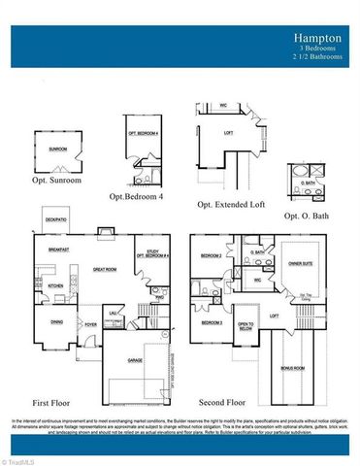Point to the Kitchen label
click(55, 285)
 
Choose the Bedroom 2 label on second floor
click(212, 255)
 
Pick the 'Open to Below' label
click(245, 326)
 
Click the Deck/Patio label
click(54, 219)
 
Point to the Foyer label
click(90, 325)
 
